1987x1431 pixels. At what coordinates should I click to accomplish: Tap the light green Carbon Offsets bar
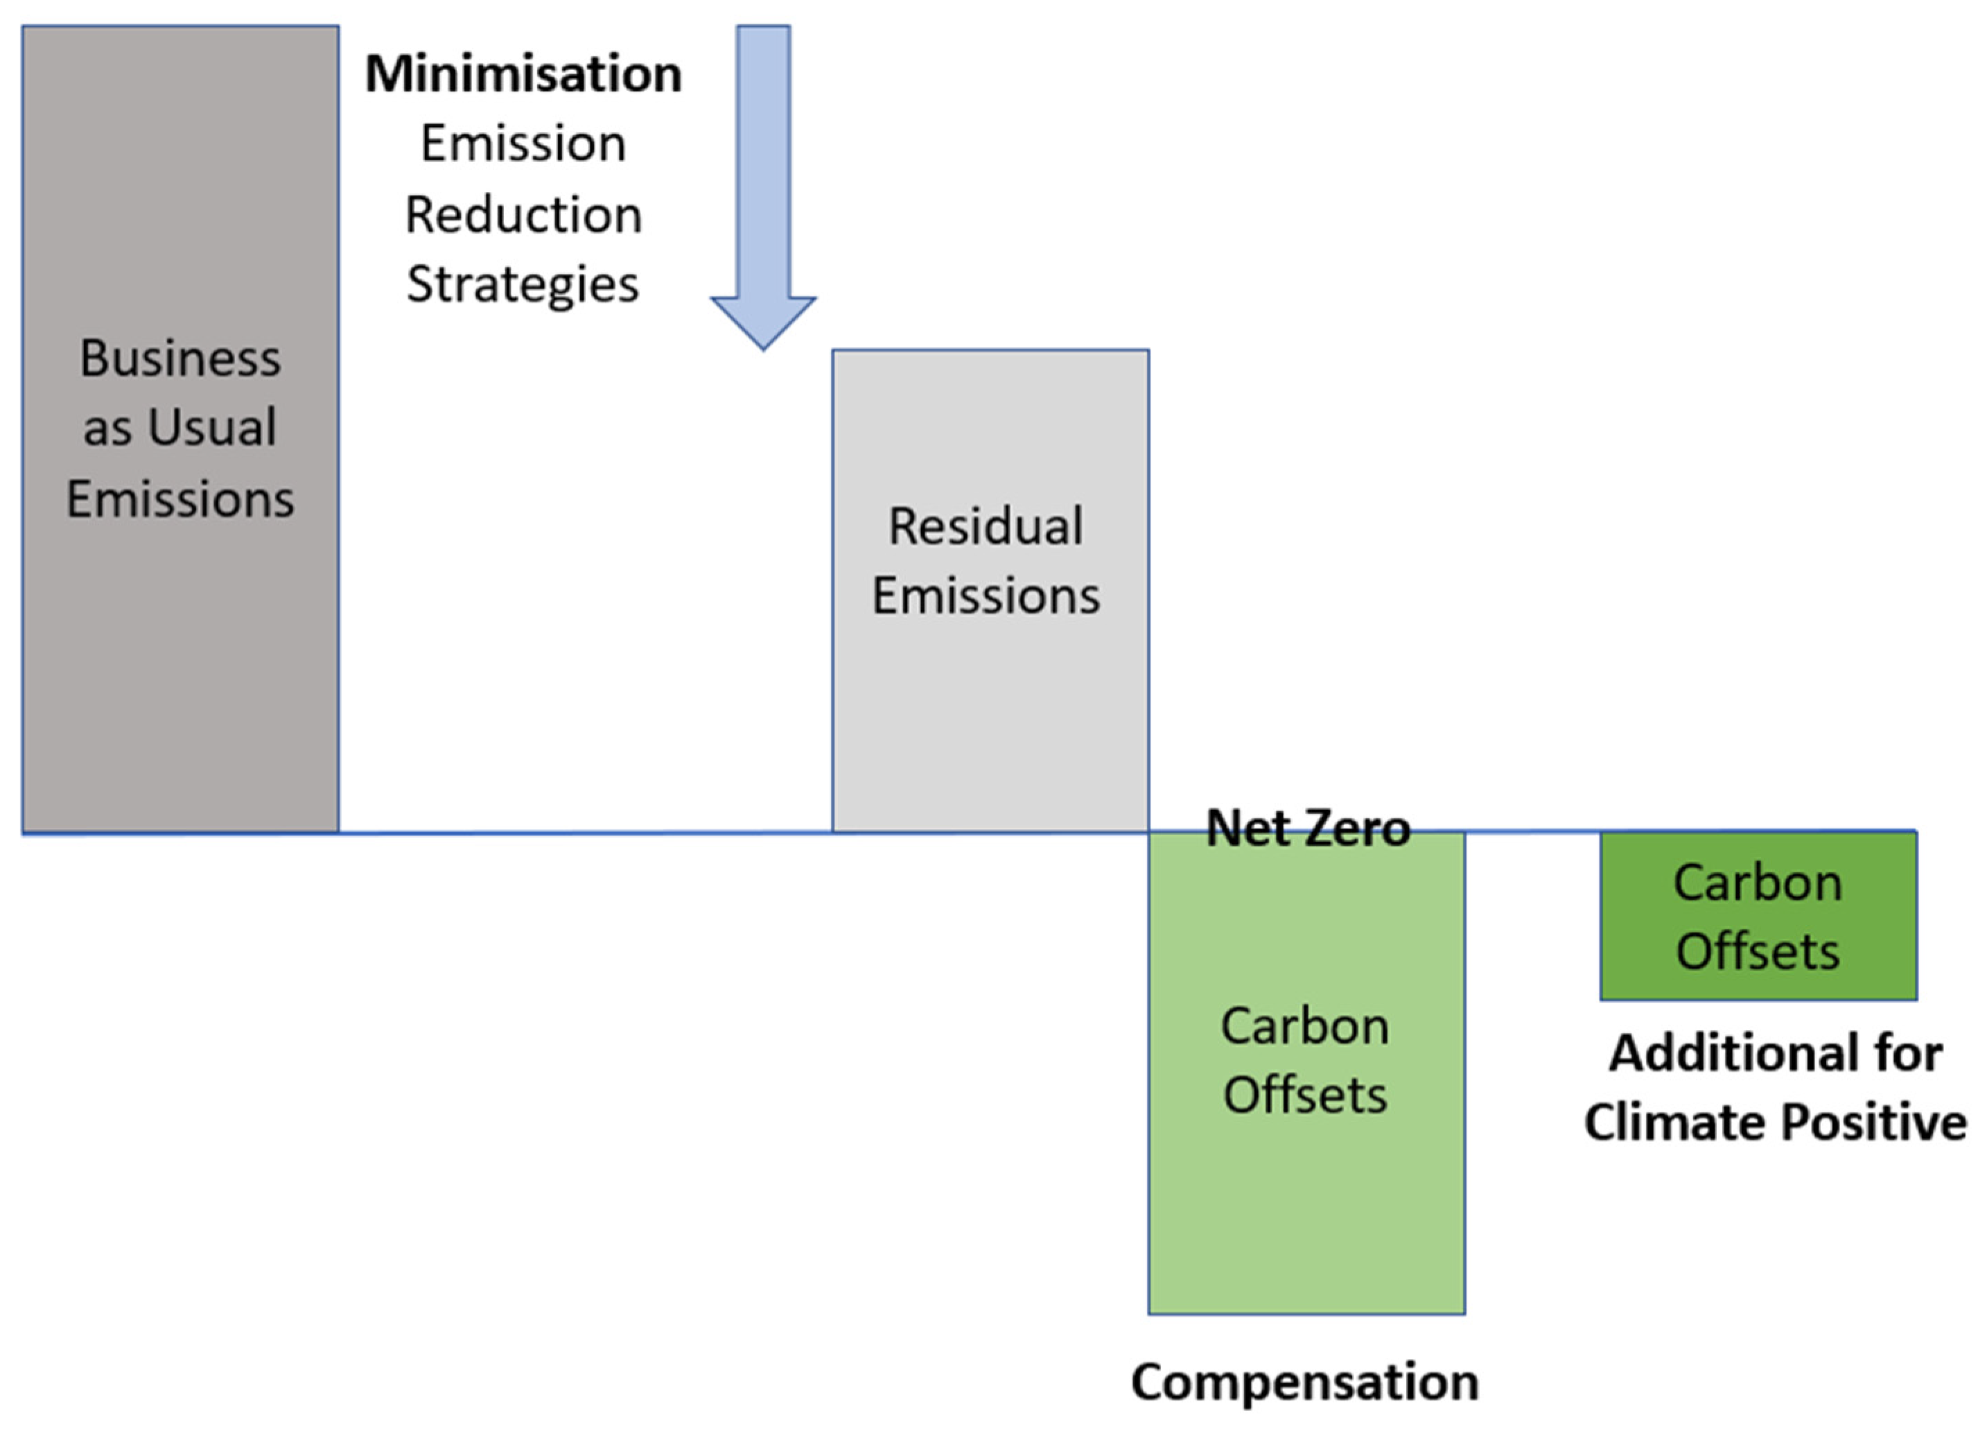[x=1306, y=1209]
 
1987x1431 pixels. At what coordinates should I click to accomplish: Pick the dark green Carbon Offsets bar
[x=1758, y=916]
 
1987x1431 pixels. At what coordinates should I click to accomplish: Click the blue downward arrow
[x=763, y=175]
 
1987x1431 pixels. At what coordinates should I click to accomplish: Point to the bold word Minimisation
[x=523, y=73]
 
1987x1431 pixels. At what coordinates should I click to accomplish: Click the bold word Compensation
[x=1304, y=1382]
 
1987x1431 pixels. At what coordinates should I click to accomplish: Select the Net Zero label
[x=1308, y=827]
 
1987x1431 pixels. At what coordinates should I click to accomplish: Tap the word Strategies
[x=523, y=285]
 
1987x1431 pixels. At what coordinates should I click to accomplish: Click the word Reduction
[x=523, y=215]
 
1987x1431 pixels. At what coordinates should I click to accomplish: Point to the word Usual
[x=212, y=428]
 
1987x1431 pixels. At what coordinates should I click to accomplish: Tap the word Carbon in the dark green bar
[x=1758, y=883]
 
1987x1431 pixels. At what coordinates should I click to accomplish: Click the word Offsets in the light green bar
[x=1306, y=1095]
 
